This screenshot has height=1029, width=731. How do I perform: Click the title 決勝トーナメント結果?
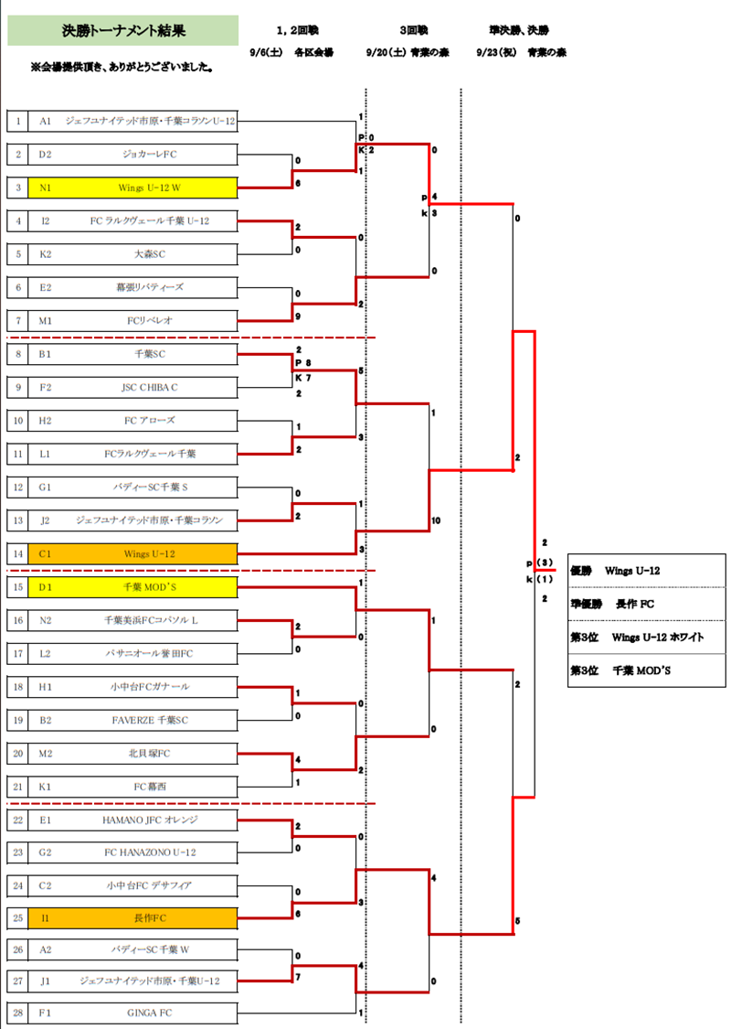(123, 30)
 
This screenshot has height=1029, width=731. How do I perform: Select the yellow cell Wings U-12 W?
(150, 188)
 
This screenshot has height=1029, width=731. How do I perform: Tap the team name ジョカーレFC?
(150, 154)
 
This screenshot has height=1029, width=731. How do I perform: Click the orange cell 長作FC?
(150, 917)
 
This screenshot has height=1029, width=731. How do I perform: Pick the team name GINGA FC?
(150, 1013)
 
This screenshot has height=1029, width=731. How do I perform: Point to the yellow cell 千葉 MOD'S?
(150, 586)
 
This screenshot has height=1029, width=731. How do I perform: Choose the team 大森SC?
(150, 254)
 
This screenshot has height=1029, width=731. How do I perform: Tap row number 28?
(17, 1013)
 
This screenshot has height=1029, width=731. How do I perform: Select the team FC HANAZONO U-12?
(150, 852)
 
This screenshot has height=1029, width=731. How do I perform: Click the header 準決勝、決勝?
(519, 30)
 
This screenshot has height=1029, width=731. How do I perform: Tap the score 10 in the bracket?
(436, 520)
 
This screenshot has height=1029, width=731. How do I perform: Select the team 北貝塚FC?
(150, 753)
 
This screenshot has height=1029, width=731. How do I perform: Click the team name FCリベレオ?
(150, 320)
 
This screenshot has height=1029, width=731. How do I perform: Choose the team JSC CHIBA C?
(150, 387)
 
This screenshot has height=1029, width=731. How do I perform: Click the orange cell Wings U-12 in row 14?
(150, 553)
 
